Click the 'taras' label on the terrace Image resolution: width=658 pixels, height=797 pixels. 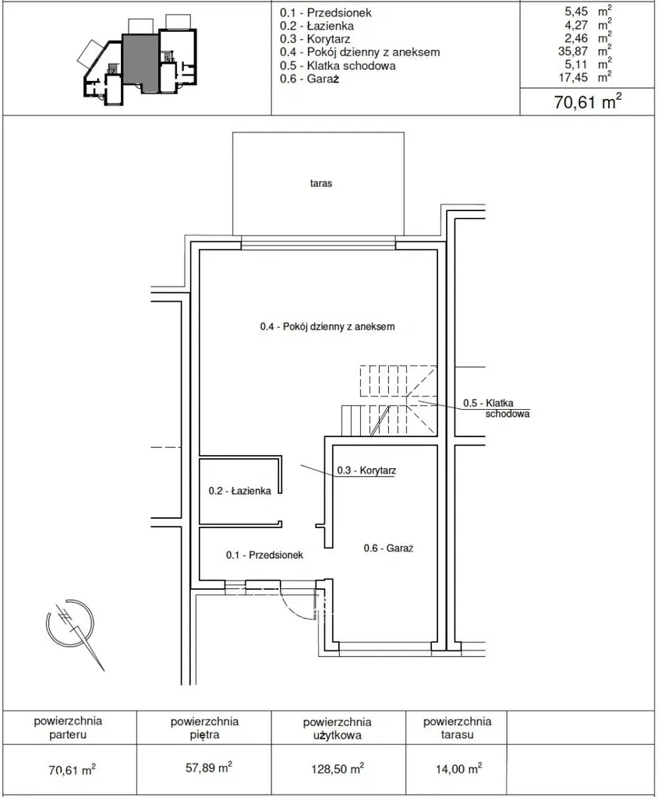pyautogui.click(x=321, y=184)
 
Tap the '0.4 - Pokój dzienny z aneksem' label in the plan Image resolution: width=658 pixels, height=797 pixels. pyautogui.click(x=327, y=326)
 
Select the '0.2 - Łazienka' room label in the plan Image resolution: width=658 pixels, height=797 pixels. pyautogui.click(x=239, y=491)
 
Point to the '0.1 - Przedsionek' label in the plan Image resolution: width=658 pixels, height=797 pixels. pyautogui.click(x=264, y=555)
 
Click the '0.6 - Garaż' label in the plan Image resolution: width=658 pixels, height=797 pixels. pyautogui.click(x=388, y=548)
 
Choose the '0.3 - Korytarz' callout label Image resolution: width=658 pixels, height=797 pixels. pyautogui.click(x=366, y=470)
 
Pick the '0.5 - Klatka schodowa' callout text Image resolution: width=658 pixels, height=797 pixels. pyautogui.click(x=497, y=408)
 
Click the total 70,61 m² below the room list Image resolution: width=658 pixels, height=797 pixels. pyautogui.click(x=587, y=101)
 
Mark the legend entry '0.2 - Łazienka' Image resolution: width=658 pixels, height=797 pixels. pyautogui.click(x=317, y=26)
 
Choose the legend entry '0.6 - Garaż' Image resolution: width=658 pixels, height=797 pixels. pyautogui.click(x=310, y=79)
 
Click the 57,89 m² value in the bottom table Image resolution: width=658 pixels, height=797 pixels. pyautogui.click(x=208, y=767)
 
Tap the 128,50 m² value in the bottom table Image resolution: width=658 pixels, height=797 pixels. pyautogui.click(x=338, y=768)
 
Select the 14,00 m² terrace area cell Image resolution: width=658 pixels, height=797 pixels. pyautogui.click(x=458, y=768)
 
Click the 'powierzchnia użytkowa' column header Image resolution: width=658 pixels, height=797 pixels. pyautogui.click(x=337, y=728)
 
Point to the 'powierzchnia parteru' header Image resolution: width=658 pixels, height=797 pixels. pyautogui.click(x=68, y=728)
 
